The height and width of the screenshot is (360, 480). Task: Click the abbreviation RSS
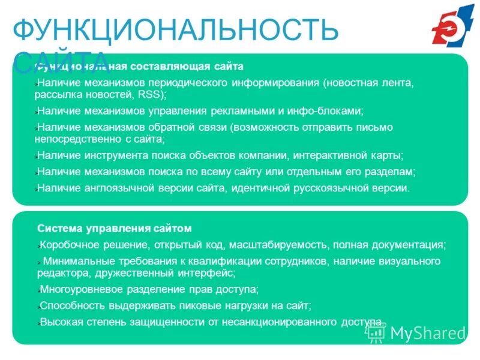click(x=151, y=95)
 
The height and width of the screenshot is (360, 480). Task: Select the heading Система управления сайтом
click(x=115, y=228)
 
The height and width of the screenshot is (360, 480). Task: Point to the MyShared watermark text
click(x=428, y=332)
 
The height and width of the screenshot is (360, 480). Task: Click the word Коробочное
click(x=67, y=245)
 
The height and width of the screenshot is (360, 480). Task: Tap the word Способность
click(x=65, y=305)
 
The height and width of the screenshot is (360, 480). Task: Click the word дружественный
click(x=131, y=273)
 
